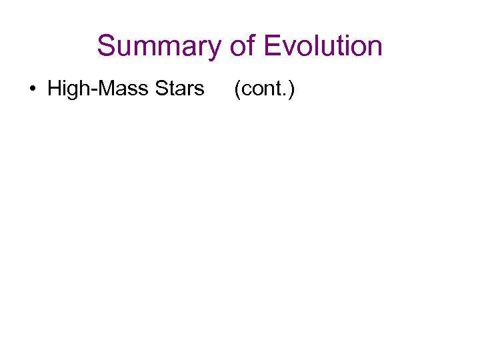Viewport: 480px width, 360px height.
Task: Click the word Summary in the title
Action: (158, 47)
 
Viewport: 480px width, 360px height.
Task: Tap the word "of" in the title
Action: (241, 47)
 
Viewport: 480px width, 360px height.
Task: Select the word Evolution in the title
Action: (323, 47)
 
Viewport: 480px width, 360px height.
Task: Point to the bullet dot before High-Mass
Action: (33, 89)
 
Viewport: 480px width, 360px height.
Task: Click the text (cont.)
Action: (263, 89)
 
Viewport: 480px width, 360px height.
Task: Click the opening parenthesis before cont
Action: (236, 89)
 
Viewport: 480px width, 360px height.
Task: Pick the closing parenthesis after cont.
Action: (291, 89)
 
